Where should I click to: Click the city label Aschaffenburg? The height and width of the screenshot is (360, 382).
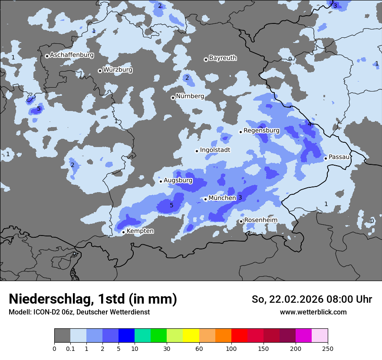72,55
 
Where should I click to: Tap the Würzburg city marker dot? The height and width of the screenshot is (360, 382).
100,71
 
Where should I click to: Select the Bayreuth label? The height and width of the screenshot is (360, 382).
223,58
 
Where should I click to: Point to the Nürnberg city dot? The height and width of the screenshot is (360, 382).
173,98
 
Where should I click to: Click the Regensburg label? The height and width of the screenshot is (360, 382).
261,130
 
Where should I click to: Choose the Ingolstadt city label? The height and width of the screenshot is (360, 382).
215,150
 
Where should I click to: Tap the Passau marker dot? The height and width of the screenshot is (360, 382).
326,158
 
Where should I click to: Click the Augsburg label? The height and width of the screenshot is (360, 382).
178,180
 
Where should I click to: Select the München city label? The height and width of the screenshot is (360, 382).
222,198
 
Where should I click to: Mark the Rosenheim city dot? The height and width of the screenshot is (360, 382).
241,221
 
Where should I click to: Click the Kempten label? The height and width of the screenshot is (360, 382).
140,231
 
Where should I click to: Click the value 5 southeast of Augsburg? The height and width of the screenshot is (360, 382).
171,205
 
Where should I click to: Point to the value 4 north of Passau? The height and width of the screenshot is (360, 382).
310,124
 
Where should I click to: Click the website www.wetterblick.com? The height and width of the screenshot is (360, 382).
313,312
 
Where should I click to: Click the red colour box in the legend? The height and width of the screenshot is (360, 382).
239,336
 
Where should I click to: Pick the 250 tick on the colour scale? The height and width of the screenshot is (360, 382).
328,348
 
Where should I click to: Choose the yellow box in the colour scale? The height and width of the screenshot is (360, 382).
191,336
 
